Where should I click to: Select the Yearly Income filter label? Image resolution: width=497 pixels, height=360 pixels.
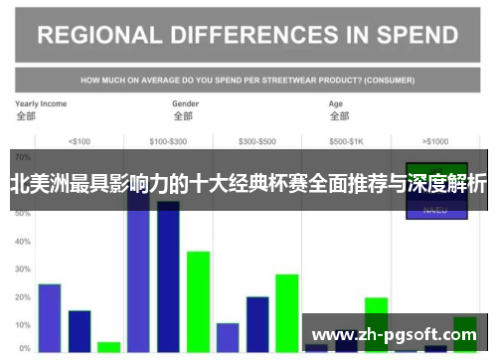[x=41, y=102]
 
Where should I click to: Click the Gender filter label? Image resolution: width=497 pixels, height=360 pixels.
[x=185, y=102]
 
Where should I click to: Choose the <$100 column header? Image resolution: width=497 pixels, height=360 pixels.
[x=79, y=140]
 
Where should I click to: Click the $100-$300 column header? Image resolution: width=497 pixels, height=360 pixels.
[x=167, y=140]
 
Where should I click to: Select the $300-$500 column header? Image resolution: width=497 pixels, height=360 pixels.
[x=257, y=140]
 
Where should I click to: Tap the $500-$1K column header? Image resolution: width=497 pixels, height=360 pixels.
[x=347, y=140]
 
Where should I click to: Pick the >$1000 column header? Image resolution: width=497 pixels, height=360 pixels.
[x=435, y=140]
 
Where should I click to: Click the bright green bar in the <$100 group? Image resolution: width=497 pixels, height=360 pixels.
[x=108, y=347]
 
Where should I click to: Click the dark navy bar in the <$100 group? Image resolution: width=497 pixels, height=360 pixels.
[x=80, y=331]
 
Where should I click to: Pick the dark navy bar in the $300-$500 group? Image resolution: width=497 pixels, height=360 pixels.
[x=257, y=324]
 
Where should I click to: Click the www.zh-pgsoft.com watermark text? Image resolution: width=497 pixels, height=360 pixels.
[x=396, y=335]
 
